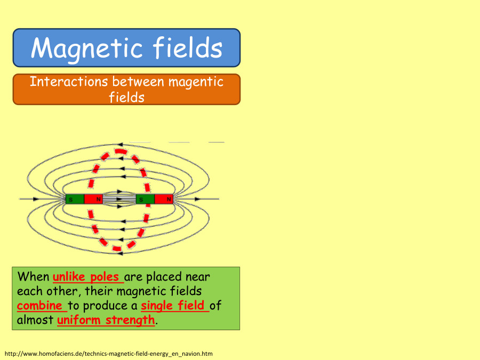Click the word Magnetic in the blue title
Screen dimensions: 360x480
tap(86, 48)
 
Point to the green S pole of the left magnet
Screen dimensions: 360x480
tap(75, 199)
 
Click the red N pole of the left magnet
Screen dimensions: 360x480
tap(93, 199)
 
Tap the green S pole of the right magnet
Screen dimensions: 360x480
tap(145, 199)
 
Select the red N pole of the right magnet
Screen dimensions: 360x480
tap(164, 199)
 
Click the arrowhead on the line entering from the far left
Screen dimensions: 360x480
tap(36, 199)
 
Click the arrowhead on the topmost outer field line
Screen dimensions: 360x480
tap(121, 144)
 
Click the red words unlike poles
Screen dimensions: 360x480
tap(87, 277)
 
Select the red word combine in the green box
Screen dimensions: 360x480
tap(40, 306)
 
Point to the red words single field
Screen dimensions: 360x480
tap(174, 306)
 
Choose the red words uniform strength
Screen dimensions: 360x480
tap(106, 321)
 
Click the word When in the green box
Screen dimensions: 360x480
tap(33, 277)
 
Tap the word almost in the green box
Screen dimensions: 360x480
tap(35, 321)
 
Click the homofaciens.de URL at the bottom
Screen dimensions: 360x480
tap(109, 354)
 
